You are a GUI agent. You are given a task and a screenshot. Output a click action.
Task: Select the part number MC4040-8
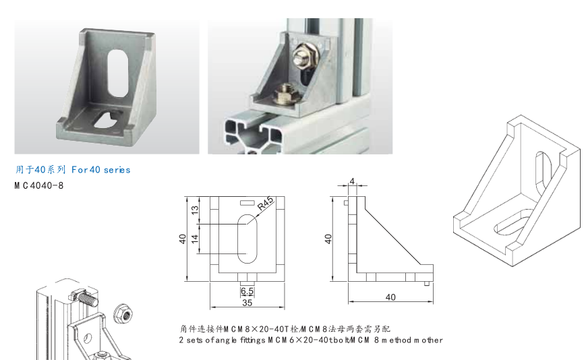tap(38, 185)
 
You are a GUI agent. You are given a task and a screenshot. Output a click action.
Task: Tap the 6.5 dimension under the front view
tap(247, 291)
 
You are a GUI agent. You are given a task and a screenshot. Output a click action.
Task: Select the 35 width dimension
tap(247, 304)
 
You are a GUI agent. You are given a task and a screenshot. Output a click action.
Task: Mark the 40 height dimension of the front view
tap(183, 239)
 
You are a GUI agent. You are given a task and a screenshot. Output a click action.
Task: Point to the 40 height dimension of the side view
tap(328, 239)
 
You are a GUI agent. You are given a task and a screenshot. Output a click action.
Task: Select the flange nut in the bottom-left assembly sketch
tap(123, 311)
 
